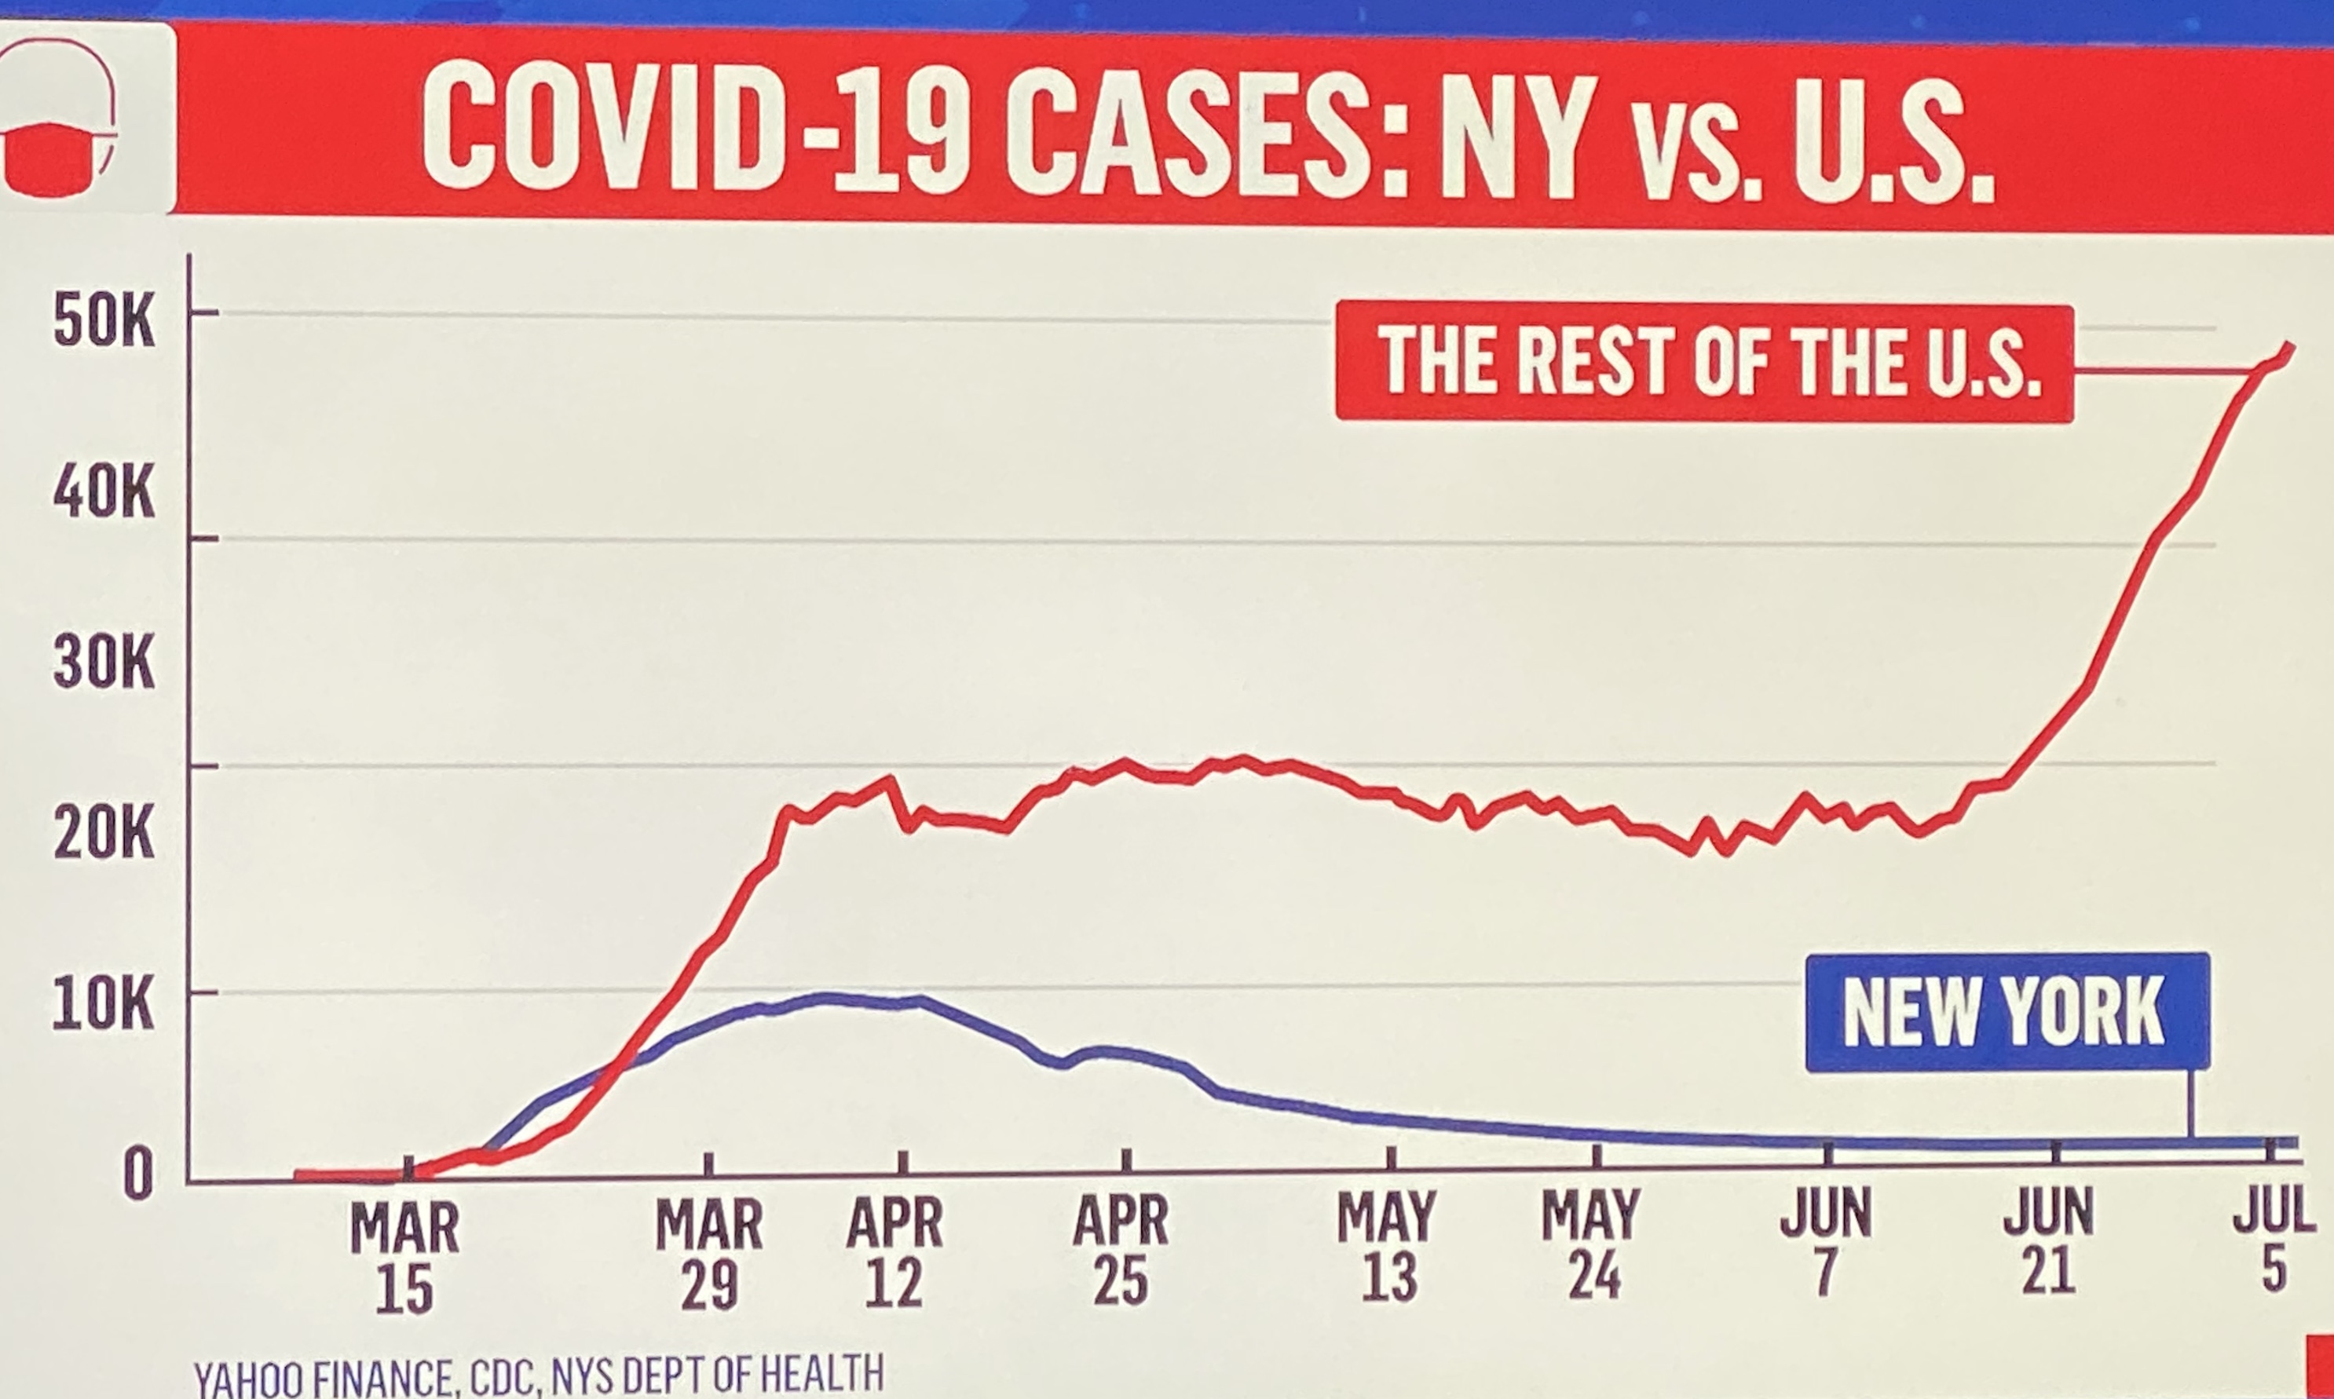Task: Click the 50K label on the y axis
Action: [104, 325]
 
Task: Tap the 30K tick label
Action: [104, 666]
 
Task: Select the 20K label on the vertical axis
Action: [104, 835]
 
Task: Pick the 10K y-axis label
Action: [104, 1006]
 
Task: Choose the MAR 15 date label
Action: [404, 1258]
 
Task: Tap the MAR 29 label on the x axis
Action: [709, 1254]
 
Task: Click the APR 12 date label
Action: [894, 1252]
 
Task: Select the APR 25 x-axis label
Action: [1121, 1250]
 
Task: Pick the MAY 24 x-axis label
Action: [1592, 1244]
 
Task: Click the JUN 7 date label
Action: [1826, 1243]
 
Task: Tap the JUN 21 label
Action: [2048, 1240]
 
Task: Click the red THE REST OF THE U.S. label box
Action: [1704, 362]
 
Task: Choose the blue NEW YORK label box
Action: [2007, 1014]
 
